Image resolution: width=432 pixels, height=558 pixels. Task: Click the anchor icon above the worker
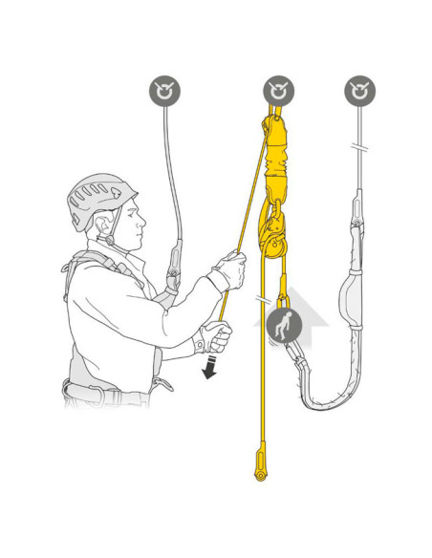(x=165, y=92)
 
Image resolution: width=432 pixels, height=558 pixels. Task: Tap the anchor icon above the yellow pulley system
(x=278, y=92)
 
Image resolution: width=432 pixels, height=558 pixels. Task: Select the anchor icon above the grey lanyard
(x=359, y=92)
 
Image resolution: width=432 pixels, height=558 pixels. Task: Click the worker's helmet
(x=100, y=198)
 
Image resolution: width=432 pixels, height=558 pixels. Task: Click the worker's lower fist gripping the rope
(x=217, y=336)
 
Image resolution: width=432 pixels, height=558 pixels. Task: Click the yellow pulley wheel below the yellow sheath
(x=273, y=245)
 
